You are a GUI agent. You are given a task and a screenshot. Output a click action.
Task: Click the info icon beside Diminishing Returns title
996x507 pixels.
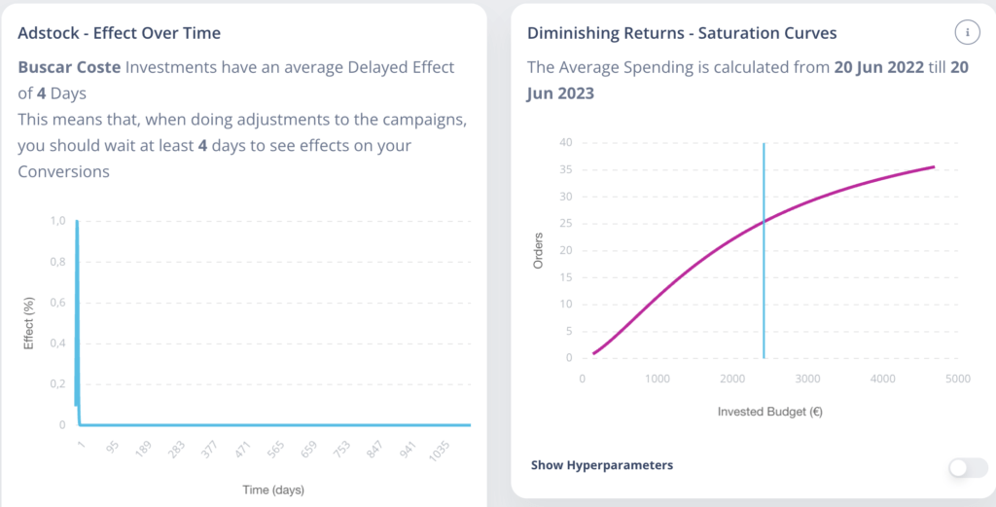click(968, 32)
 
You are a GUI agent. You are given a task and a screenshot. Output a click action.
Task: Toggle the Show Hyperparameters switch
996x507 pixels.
click(968, 468)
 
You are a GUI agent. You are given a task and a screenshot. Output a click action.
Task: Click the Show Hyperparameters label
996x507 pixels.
click(601, 465)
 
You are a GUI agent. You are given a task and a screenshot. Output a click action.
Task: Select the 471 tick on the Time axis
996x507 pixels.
click(242, 450)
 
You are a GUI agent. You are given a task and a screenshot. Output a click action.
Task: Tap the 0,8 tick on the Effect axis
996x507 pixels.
click(57, 262)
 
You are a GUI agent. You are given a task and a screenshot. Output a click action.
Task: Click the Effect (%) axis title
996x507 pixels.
click(28, 323)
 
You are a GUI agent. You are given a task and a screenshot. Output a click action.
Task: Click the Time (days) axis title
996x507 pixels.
click(273, 489)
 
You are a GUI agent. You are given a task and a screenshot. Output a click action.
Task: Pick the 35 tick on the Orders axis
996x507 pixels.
click(565, 169)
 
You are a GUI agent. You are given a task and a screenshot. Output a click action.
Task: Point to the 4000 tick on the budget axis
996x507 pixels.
click(882, 379)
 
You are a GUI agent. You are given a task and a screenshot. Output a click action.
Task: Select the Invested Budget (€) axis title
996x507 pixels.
click(770, 412)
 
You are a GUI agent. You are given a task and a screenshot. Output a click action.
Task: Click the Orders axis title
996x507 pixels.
click(538, 251)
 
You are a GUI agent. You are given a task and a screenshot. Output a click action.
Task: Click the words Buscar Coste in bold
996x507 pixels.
click(69, 67)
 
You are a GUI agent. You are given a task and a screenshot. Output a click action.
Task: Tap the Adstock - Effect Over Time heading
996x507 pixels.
click(120, 33)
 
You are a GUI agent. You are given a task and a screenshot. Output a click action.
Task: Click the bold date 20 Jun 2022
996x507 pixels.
click(879, 67)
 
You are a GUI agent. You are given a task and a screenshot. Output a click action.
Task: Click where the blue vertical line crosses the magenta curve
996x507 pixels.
click(764, 222)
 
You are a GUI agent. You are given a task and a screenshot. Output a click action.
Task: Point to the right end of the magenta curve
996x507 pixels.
click(934, 167)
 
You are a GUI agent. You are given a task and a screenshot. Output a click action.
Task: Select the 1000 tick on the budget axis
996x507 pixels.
click(657, 379)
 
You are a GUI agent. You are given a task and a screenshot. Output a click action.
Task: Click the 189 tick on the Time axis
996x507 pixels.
click(144, 450)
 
